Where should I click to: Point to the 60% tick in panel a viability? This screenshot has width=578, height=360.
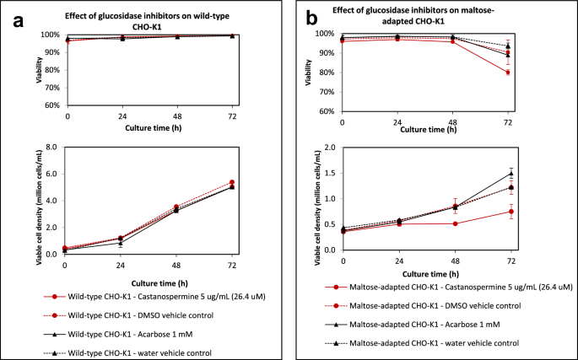(53, 106)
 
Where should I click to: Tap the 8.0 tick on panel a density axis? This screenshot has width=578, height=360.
(51, 147)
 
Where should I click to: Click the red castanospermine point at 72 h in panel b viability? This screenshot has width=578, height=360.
(507, 73)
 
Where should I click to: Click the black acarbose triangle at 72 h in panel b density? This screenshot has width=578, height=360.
(507, 174)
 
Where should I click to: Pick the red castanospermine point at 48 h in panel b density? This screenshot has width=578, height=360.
(455, 223)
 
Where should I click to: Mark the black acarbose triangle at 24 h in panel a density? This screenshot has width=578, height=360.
(121, 244)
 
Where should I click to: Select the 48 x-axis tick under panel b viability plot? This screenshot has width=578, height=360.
(455, 123)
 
